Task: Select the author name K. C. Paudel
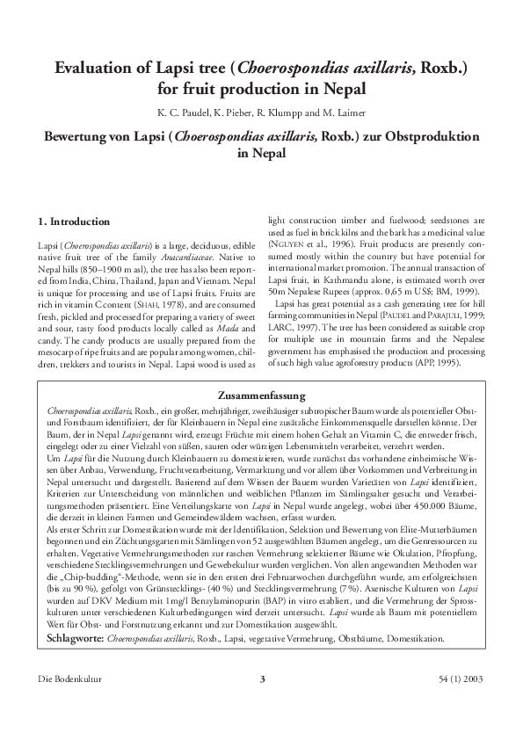point(182,113)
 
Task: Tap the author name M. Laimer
point(341,113)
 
